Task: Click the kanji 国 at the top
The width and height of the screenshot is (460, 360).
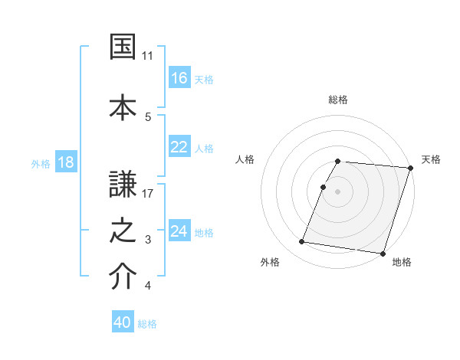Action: click(123, 47)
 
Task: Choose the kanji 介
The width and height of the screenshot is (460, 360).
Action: click(123, 277)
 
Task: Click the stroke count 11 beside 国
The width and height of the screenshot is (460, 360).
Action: click(148, 56)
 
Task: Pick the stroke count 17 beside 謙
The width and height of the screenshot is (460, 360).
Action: click(148, 193)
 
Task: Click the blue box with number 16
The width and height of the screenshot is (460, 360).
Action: click(179, 77)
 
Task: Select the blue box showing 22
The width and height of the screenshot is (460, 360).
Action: click(179, 147)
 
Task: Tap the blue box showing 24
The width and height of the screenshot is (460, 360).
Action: click(179, 231)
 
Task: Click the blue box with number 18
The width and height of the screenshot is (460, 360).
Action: click(65, 163)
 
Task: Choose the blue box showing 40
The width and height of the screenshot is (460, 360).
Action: click(123, 322)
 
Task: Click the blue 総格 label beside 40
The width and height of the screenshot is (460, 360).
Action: click(147, 324)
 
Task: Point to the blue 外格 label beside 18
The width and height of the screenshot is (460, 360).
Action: click(41, 164)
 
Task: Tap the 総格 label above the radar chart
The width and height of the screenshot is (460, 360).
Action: click(338, 100)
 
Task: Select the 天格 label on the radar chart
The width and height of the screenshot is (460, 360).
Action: click(431, 160)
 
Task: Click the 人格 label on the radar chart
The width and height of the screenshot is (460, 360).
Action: click(245, 160)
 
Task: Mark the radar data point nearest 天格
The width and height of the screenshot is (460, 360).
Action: click(410, 168)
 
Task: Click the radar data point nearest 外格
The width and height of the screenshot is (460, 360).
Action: click(302, 242)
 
